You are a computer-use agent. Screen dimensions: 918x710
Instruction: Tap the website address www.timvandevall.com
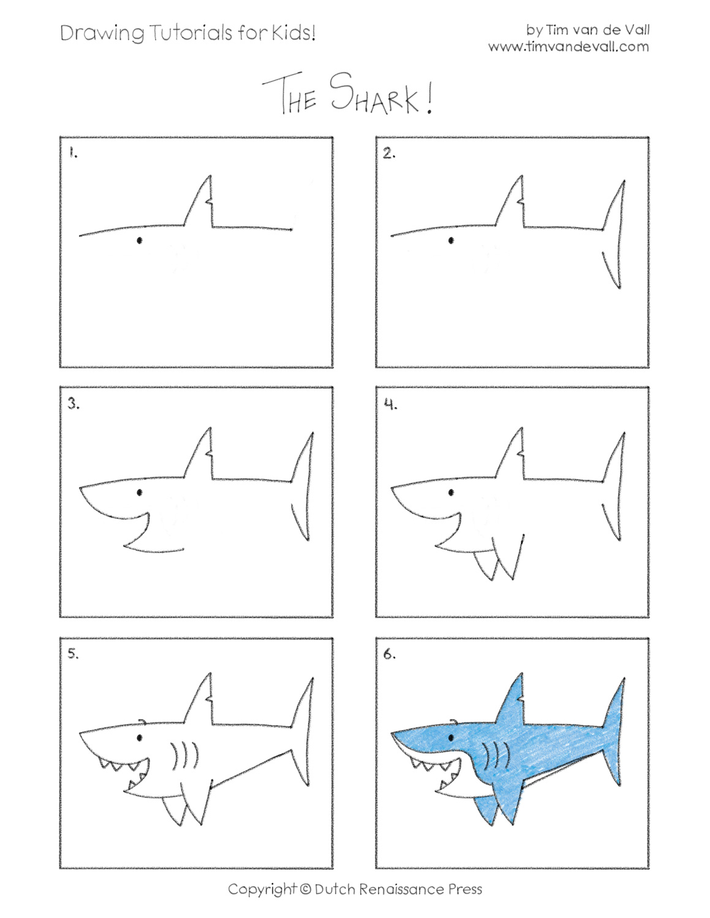pos(568,47)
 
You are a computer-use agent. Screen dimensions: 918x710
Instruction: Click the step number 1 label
pos(73,153)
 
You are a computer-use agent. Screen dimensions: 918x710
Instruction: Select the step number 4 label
pos(390,404)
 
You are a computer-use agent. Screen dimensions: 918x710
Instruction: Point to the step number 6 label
pos(390,654)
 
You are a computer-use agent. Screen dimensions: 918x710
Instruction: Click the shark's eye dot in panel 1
pos(140,241)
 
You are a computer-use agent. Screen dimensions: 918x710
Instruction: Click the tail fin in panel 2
pos(614,236)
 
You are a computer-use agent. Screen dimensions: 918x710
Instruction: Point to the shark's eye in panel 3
pos(140,492)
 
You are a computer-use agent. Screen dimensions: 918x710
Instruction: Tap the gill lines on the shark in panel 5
pos(184,756)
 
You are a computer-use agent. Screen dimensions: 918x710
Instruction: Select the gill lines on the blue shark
pos(496,756)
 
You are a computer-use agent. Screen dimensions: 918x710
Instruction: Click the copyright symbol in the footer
pos(306,889)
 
